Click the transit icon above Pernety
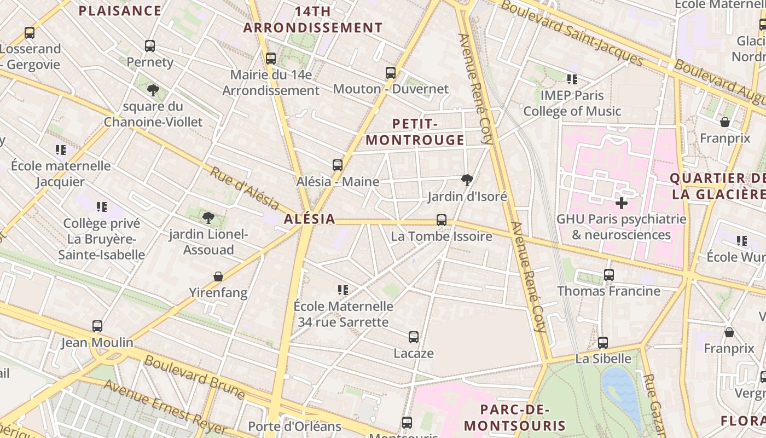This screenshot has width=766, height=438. point(150,46)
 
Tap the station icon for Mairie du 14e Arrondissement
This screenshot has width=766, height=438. point(270,59)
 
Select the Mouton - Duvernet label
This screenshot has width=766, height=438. point(390,89)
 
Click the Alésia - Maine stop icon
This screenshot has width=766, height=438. point(338,165)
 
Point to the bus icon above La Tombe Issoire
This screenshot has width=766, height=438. point(442,220)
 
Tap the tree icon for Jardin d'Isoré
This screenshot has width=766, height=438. point(467,180)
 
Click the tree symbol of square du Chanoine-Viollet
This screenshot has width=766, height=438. point(153,90)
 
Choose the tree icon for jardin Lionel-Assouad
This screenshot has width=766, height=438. point(208,218)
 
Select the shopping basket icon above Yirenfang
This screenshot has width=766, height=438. point(218,276)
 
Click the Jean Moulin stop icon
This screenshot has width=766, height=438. point(97,326)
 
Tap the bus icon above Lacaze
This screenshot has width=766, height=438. point(414,337)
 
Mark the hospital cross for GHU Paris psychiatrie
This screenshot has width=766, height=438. point(621,204)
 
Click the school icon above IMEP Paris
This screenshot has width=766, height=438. point(572,79)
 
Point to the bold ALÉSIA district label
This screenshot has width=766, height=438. point(309,219)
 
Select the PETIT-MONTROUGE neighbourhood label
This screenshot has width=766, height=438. point(415,132)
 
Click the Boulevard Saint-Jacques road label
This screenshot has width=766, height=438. point(572,32)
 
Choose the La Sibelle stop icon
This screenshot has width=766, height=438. point(603,343)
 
